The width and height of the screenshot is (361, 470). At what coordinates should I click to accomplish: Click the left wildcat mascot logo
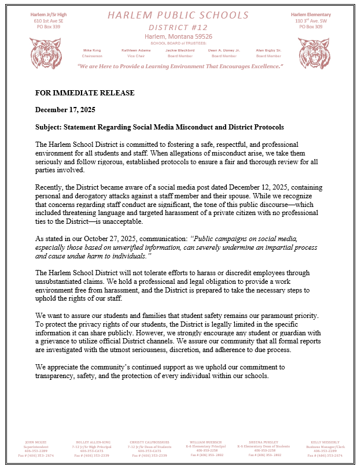coord(45,53)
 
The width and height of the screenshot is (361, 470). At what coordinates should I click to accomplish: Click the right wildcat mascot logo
coord(313,53)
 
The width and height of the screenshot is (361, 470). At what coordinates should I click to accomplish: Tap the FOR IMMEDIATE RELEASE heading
coord(84,93)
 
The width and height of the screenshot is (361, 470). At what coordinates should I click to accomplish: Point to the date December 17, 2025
coord(65,110)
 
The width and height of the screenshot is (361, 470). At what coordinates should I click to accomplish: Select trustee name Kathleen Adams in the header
coord(136,50)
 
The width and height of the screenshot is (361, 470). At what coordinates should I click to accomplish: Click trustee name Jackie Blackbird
coord(180,50)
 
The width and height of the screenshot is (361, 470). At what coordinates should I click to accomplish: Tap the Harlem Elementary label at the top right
coord(311,14)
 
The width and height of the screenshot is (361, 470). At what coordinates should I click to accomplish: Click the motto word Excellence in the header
coord(263,66)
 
